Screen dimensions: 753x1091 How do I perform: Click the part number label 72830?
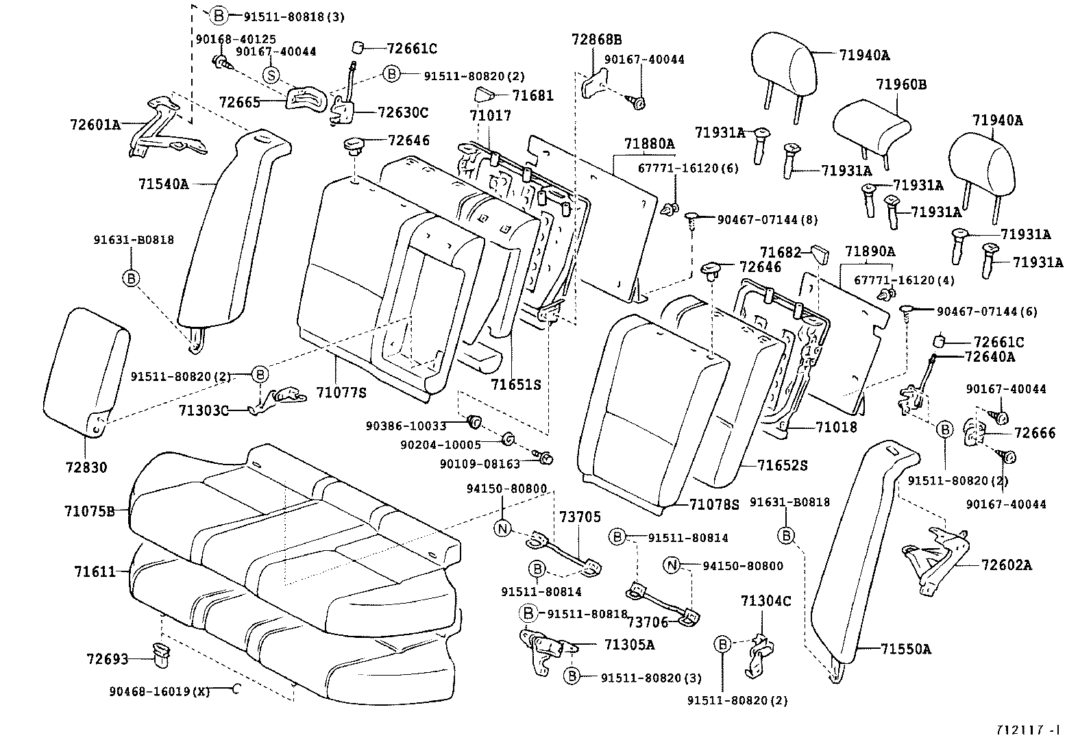85,468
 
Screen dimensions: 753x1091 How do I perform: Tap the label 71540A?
163,184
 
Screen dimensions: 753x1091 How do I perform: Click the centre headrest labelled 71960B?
871,127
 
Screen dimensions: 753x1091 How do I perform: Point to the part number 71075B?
90,511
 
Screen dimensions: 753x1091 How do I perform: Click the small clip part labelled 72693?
162,655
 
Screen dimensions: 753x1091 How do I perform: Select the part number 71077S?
341,392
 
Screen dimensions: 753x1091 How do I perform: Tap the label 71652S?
783,465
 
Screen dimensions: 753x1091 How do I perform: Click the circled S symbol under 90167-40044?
271,75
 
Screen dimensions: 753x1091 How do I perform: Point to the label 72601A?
95,125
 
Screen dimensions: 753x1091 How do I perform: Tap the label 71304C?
765,601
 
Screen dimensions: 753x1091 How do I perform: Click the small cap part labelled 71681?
484,95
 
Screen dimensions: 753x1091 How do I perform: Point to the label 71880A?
649,144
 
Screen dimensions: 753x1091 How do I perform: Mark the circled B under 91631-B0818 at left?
131,278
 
